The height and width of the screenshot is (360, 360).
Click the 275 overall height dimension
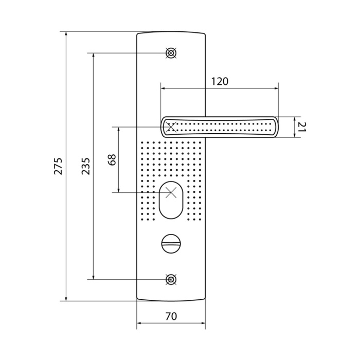pyautogui.click(x=58, y=166)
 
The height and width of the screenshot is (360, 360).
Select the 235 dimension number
pyautogui.click(x=86, y=166)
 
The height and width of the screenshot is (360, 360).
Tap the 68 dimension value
pyautogui.click(x=113, y=160)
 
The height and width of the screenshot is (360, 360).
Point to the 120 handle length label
pyautogui.click(x=220, y=81)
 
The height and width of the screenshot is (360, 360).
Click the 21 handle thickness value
pyautogui.click(x=302, y=127)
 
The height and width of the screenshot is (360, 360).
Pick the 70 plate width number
pyautogui.click(x=171, y=316)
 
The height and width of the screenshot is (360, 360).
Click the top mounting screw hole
pyautogui.click(x=171, y=53)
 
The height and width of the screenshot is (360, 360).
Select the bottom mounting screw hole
pyautogui.click(x=171, y=279)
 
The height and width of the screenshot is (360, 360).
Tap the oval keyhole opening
pyautogui.click(x=171, y=200)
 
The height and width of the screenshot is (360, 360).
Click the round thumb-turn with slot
pyautogui.click(x=171, y=244)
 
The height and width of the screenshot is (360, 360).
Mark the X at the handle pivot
pyautogui.click(x=171, y=127)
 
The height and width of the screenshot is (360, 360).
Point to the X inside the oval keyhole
pyautogui.click(x=171, y=192)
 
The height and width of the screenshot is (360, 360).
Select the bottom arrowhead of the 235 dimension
pyautogui.click(x=93, y=277)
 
